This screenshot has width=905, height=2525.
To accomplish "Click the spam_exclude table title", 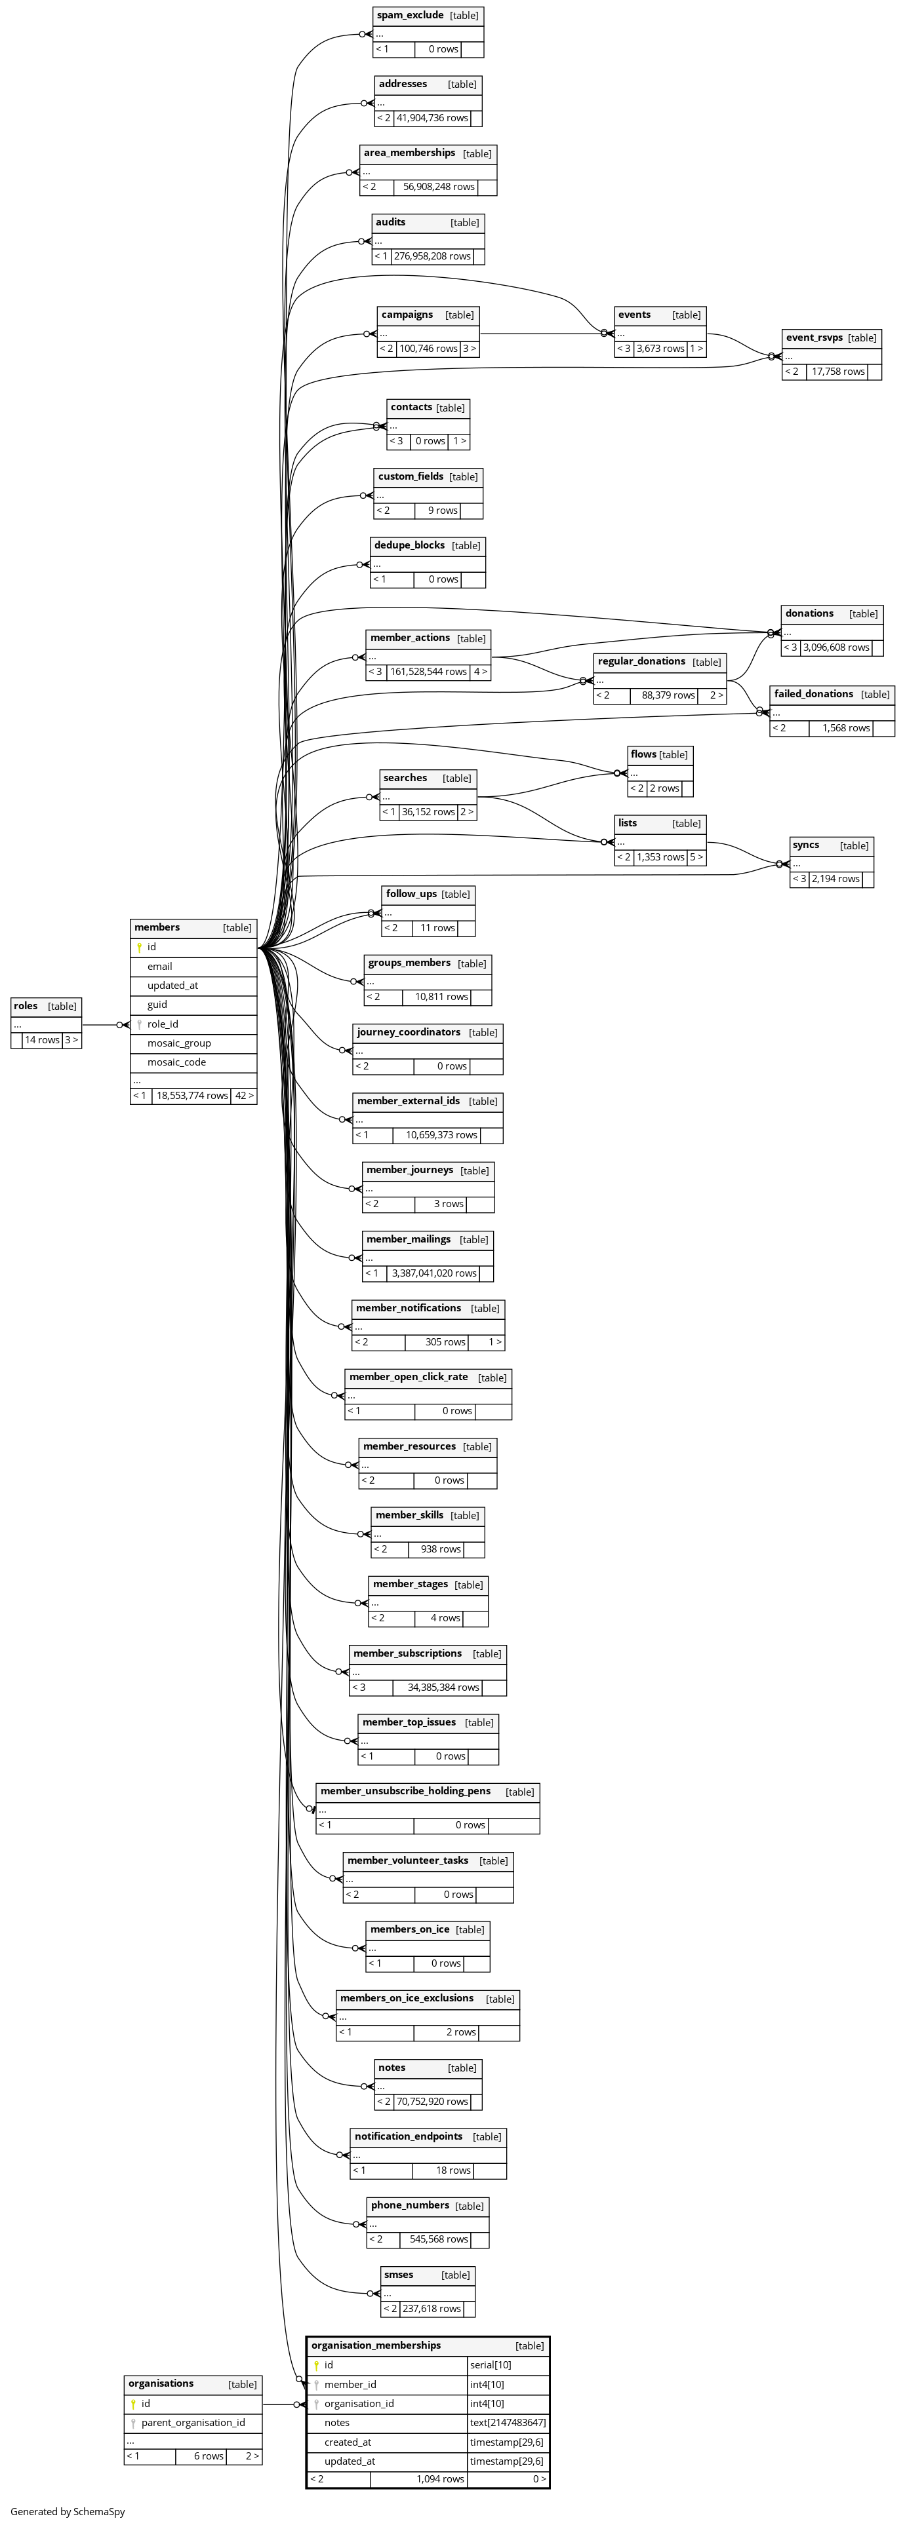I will pyautogui.click(x=410, y=16).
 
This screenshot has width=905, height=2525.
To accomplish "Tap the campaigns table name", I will pyautogui.click(x=407, y=315).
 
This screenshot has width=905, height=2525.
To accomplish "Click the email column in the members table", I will pyautogui.click(x=160, y=967).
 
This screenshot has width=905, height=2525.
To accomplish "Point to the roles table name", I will pyautogui.click(x=26, y=1006).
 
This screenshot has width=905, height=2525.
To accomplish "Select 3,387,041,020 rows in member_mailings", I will pyautogui.click(x=433, y=1273).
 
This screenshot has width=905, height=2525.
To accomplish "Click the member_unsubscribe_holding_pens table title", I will pyautogui.click(x=405, y=1791).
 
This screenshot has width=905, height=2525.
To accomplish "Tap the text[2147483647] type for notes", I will pyautogui.click(x=507, y=2422).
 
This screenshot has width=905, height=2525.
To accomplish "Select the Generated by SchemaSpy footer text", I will pyautogui.click(x=67, y=2511).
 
